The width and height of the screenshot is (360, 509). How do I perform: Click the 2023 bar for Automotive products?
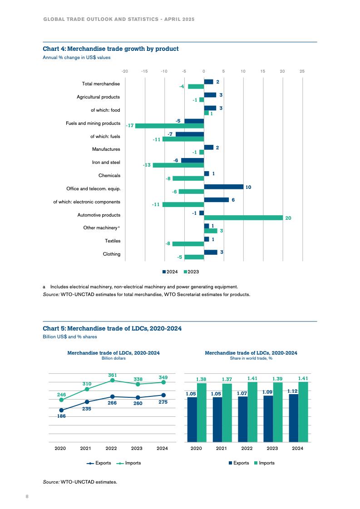pos(243,218)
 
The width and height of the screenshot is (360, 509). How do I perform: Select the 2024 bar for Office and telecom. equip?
pos(224,187)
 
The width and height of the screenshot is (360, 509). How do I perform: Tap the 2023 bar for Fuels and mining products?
pos(169,126)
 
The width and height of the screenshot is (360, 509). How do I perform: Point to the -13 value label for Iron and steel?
pos(147,165)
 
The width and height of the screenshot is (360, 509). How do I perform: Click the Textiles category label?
pos(113,241)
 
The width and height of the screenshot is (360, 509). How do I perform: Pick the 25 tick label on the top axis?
pos(302,71)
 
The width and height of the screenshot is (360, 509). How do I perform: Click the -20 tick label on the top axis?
pos(125,71)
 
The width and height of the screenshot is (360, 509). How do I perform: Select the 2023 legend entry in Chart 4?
pos(191,272)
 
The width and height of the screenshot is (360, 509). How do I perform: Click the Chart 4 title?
pos(111,49)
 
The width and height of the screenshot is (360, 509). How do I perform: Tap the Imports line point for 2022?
pos(112,380)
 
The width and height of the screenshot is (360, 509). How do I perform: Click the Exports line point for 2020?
pos(61,410)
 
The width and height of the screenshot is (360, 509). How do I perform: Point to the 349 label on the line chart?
pos(163,377)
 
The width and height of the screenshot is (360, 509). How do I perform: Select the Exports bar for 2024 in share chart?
pos(294,418)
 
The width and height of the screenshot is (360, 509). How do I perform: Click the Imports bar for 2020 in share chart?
pos(202,412)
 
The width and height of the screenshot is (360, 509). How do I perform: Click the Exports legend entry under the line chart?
pos(97,463)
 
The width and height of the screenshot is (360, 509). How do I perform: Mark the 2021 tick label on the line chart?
pos(85,449)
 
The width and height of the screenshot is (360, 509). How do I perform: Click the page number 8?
pos(27,496)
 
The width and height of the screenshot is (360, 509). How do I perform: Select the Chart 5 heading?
pos(112,328)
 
